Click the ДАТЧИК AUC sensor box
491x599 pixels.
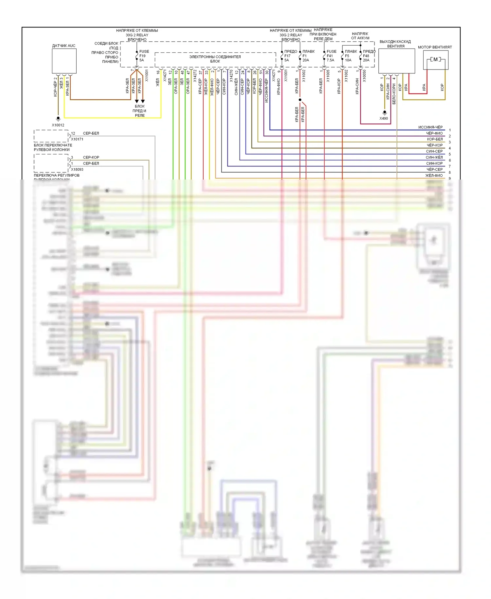64,61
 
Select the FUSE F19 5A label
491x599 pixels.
144,56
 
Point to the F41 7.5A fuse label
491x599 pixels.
331,56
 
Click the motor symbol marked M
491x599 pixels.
435,59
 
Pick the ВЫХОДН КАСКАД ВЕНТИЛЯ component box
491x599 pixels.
396,61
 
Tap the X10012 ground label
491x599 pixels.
58,125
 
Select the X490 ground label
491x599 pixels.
384,119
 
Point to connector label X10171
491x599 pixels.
77,139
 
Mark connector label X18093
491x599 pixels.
77,170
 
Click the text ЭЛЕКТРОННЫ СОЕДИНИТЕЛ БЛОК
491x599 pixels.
215,59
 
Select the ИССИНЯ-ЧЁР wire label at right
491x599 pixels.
430,127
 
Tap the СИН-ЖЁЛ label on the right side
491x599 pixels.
434,157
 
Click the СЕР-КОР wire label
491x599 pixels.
91,157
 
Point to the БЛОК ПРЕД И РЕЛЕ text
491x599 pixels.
139,111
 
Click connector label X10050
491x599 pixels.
364,76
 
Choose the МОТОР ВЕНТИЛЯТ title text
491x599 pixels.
435,47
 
